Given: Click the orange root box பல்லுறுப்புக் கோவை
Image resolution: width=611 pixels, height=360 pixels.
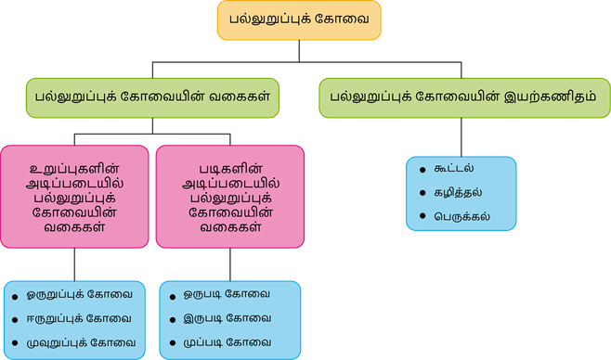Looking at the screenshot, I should [x=298, y=19].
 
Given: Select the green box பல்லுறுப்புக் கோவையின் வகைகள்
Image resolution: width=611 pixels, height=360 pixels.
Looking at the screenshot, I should [x=152, y=96].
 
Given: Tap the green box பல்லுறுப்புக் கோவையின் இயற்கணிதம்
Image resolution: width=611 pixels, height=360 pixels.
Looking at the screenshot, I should [x=465, y=96].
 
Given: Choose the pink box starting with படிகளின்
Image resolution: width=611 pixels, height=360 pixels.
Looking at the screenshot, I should [x=229, y=196].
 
